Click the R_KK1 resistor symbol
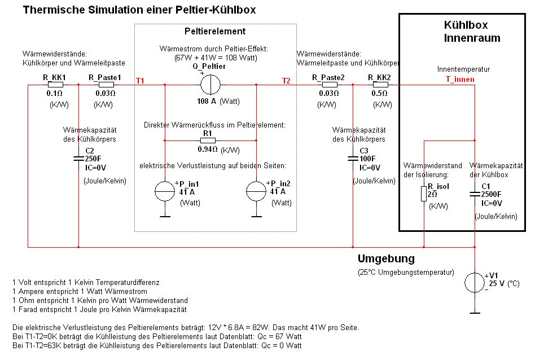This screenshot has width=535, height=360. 55,85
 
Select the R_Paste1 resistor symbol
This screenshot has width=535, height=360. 106,85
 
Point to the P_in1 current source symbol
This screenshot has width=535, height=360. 165,192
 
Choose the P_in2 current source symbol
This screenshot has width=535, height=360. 256,192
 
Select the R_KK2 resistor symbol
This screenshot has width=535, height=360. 378,85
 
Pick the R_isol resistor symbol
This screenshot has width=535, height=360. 423,194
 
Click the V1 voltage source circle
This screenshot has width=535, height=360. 475,280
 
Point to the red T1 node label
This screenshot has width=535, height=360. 140,81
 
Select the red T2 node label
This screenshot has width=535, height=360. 286,81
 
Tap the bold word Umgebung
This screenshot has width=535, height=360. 386,259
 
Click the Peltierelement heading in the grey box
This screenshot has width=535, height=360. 215,32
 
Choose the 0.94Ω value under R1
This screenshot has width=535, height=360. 207,150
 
